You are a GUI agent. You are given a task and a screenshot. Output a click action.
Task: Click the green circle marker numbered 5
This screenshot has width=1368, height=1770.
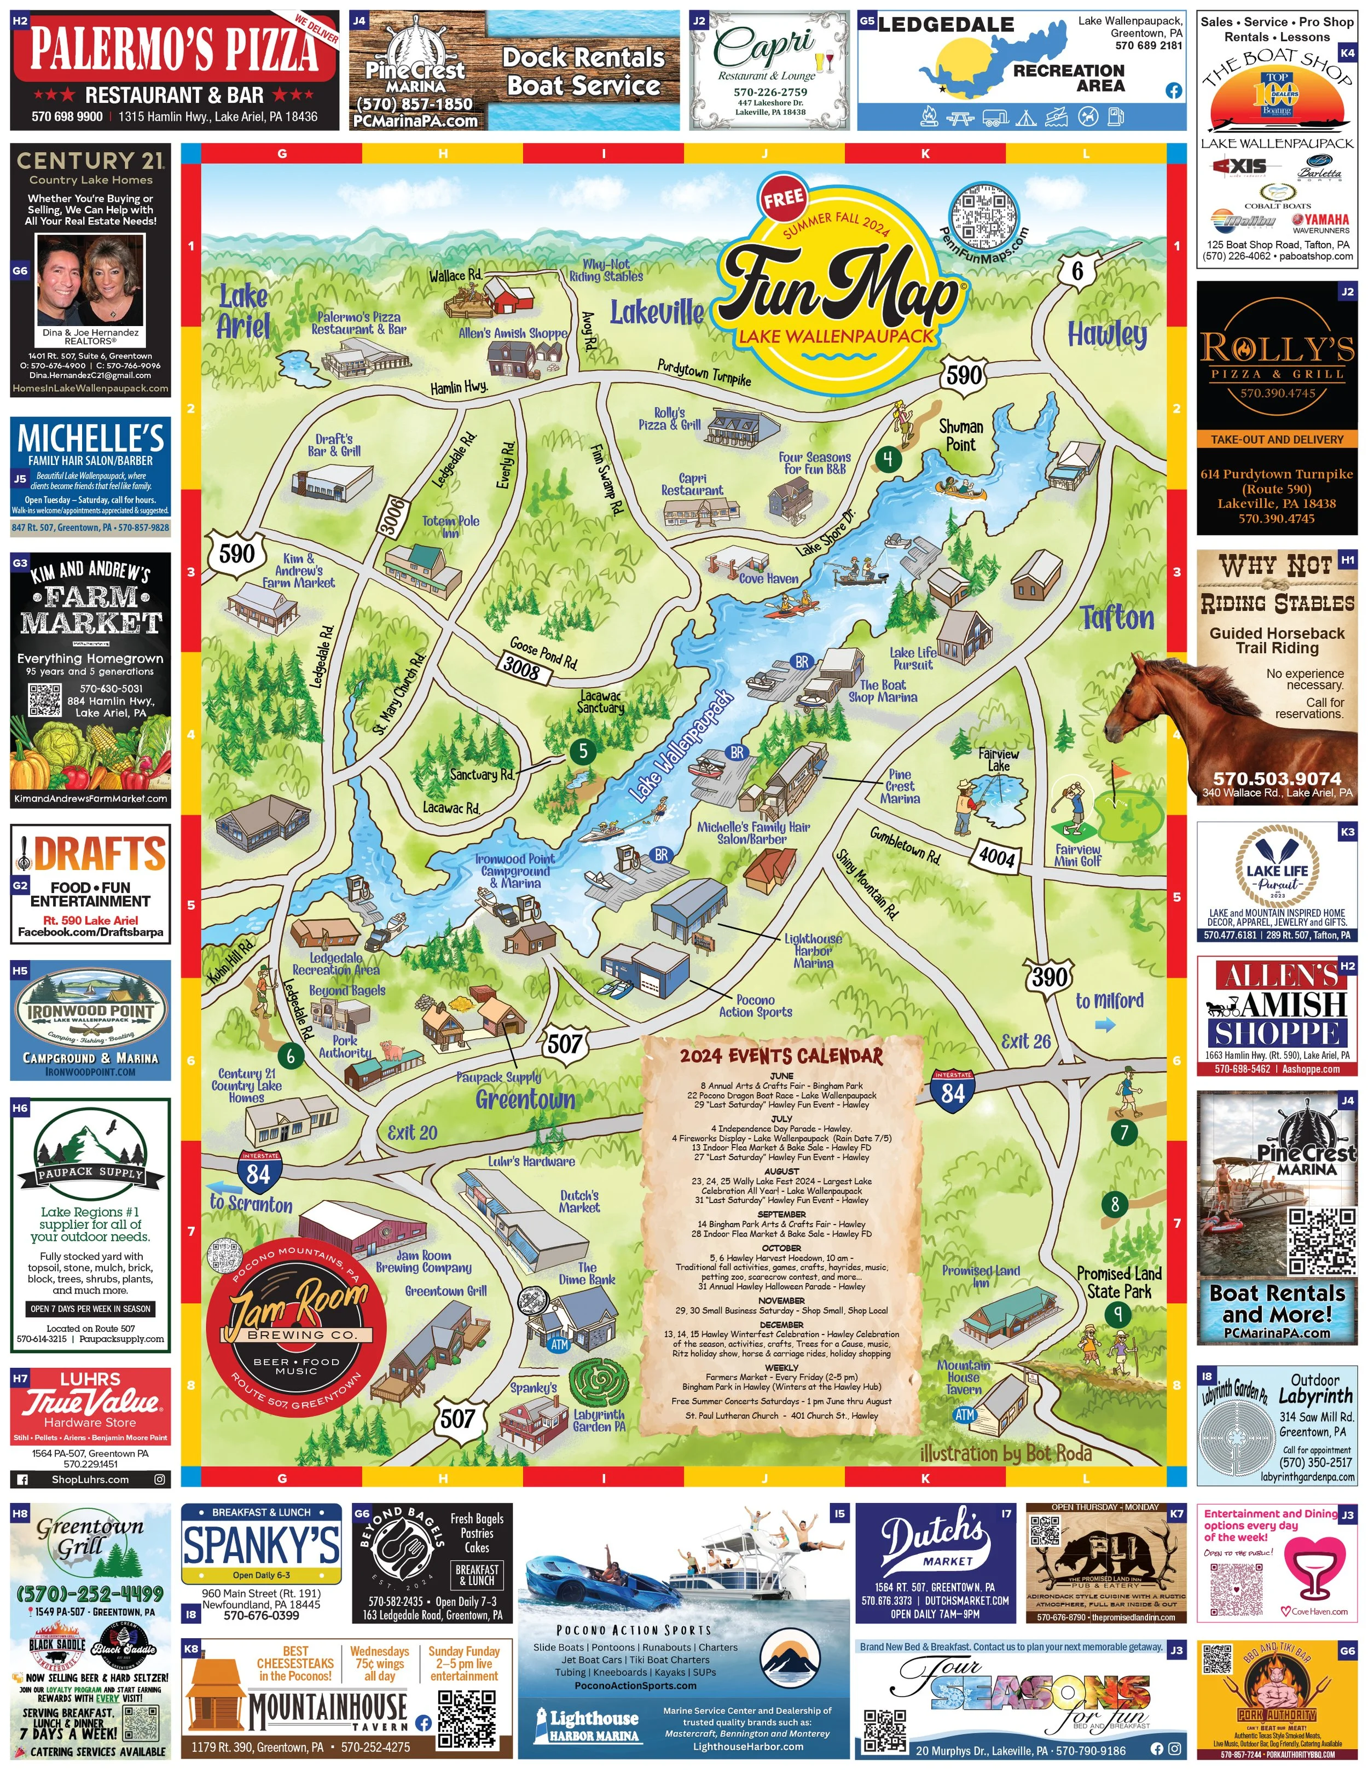(x=582, y=751)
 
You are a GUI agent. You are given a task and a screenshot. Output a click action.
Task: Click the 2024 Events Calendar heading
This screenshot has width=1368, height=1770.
(x=781, y=1055)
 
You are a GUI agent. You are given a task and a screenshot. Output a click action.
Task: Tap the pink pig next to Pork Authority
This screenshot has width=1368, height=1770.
(x=392, y=1051)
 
